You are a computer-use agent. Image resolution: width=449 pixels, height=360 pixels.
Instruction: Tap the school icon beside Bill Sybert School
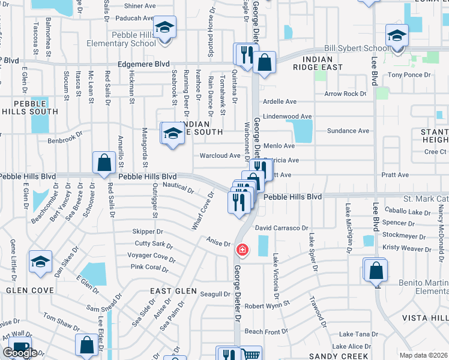(397, 35)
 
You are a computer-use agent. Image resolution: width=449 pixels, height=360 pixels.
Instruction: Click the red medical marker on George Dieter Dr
(242, 249)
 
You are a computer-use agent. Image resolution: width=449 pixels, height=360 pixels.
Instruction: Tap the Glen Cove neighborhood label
(31, 290)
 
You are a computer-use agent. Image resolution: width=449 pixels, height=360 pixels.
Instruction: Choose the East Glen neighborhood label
(173, 291)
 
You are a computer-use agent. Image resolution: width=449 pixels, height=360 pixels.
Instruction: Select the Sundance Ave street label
(348, 131)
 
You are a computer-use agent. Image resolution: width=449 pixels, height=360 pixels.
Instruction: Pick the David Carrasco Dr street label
(281, 229)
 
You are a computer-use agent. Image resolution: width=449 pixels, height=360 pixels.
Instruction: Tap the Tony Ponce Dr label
(409, 75)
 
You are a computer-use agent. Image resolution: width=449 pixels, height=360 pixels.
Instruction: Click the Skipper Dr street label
(148, 232)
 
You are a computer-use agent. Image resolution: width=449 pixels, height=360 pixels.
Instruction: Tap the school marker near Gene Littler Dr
(40, 261)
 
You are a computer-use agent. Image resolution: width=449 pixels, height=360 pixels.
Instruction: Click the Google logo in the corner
(20, 353)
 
